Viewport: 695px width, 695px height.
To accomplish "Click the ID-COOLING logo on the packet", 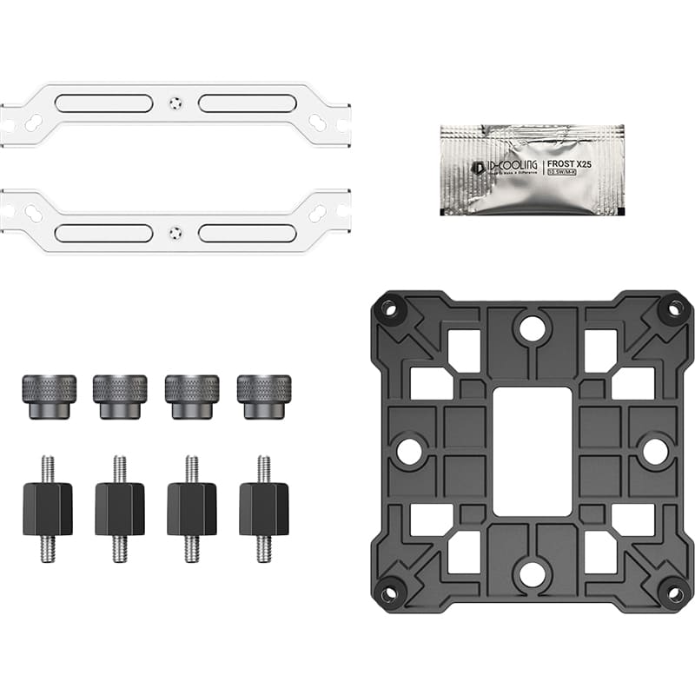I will click(499, 166).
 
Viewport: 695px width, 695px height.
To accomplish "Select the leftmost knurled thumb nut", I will click(49, 396).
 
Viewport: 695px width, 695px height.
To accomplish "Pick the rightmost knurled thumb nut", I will click(264, 396).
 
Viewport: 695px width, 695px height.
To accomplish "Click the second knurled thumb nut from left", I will click(120, 396).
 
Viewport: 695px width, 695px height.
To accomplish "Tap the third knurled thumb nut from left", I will click(192, 396).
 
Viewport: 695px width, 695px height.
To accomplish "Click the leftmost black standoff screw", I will click(49, 508).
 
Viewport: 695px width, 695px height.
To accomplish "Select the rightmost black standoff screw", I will click(264, 508).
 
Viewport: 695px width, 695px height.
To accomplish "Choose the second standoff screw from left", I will click(120, 508).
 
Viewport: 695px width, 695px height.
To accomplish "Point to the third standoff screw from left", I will click(192, 508).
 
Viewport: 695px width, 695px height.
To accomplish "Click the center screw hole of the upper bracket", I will click(175, 103).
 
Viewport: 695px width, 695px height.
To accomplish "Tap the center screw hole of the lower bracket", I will click(175, 232).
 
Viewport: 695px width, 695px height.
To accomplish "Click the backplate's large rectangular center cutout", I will click(532, 451).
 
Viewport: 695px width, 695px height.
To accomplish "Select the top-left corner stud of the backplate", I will click(388, 308).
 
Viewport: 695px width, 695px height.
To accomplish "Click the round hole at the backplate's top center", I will click(531, 328).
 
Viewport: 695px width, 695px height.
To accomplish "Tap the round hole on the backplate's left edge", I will click(408, 450).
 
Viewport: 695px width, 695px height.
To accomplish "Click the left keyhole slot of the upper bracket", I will click(33, 122).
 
